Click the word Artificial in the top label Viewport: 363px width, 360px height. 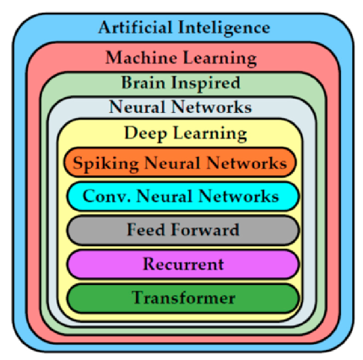[x=135, y=27]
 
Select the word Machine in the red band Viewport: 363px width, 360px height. [x=141, y=57]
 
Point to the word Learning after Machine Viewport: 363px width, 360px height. [x=219, y=59]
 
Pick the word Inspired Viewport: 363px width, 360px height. [x=206, y=83]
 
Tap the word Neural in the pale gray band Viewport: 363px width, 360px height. [x=137, y=107]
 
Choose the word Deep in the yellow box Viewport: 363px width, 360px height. [x=145, y=133]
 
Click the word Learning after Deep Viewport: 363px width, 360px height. [x=210, y=134]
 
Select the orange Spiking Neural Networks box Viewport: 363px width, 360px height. [x=180, y=162]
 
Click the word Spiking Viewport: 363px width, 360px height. [x=106, y=164]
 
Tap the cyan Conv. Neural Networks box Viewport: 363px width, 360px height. [x=183, y=196]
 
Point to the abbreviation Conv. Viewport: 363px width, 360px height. [x=106, y=196]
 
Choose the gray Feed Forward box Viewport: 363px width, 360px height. [x=183, y=230]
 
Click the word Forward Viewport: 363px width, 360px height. [x=205, y=229]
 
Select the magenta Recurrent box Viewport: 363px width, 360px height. [x=183, y=264]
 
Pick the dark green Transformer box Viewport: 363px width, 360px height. [x=183, y=298]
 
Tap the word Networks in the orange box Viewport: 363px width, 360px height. [x=247, y=163]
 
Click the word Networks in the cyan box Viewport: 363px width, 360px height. [x=239, y=196]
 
